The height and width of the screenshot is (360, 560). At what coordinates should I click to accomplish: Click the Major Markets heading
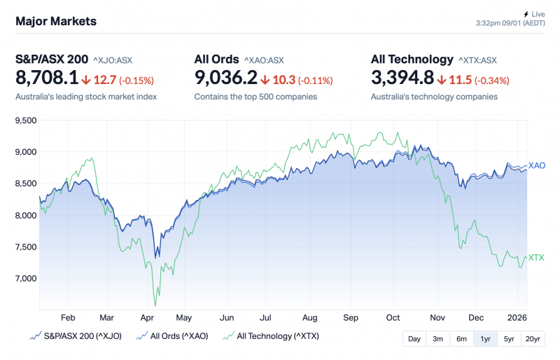[56, 21]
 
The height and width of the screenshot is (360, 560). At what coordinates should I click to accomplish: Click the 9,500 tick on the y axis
[26, 120]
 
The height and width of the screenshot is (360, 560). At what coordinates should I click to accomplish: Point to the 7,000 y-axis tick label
[26, 279]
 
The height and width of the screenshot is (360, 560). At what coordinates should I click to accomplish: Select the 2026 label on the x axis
[517, 317]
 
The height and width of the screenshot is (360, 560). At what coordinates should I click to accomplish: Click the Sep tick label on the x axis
[351, 317]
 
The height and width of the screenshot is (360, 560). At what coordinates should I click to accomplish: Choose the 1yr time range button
[485, 339]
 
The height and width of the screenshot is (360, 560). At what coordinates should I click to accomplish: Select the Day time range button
[414, 339]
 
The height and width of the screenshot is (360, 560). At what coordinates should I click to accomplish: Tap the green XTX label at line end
[536, 258]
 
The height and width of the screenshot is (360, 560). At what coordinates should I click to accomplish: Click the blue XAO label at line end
[537, 165]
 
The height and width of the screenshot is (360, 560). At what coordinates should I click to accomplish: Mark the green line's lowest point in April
[155, 306]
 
